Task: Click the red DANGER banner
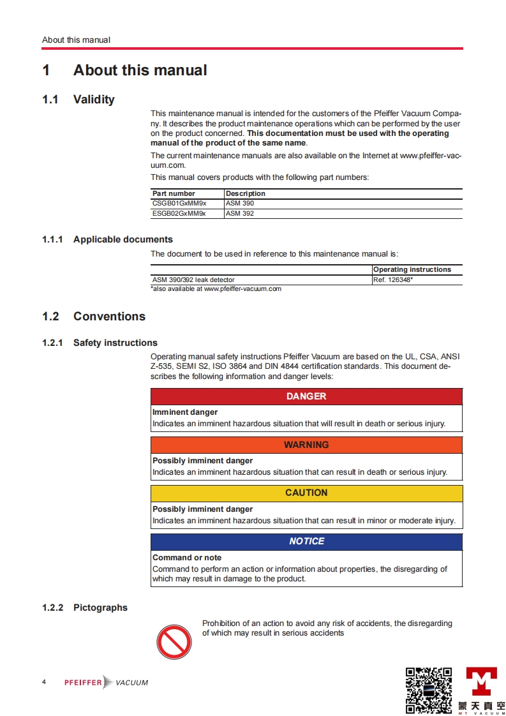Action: (x=306, y=396)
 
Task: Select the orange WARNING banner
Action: (x=306, y=445)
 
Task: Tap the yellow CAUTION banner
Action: (x=306, y=493)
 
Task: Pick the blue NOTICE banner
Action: (x=306, y=541)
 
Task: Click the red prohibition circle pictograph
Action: (x=174, y=641)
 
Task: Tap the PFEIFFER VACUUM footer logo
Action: (x=106, y=682)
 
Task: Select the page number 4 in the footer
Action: (x=44, y=682)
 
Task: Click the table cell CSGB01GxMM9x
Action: (x=179, y=204)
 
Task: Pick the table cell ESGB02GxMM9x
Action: (x=179, y=214)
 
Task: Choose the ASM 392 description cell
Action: (x=240, y=214)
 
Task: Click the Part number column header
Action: (x=174, y=193)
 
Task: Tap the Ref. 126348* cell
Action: (x=393, y=280)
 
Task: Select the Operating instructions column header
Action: (x=412, y=269)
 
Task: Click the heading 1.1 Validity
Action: (x=78, y=100)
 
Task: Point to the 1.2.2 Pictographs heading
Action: (x=85, y=608)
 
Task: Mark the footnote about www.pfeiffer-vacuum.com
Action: (x=216, y=289)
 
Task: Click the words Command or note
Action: (x=187, y=557)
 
